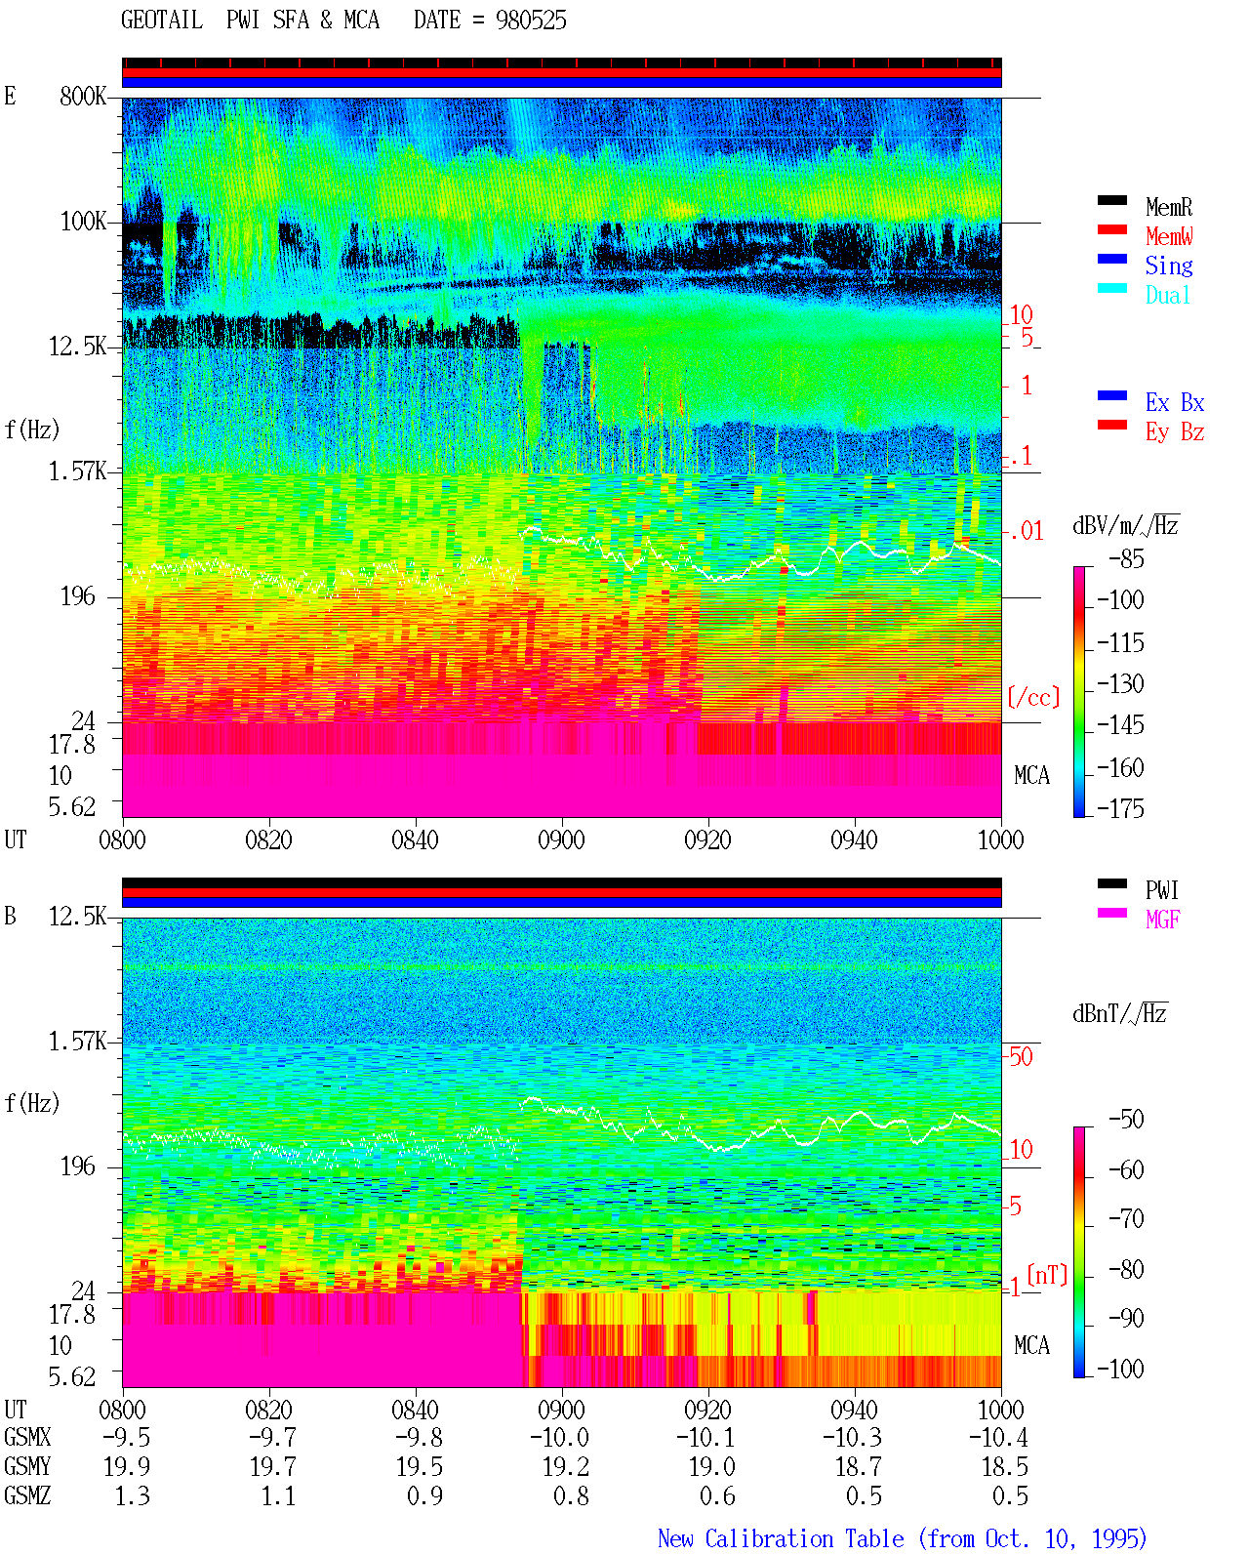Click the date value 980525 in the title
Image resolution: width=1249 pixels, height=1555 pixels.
(x=531, y=20)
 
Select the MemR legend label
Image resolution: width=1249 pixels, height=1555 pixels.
(x=1169, y=207)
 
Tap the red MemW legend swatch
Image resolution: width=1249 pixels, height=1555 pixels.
(x=1111, y=229)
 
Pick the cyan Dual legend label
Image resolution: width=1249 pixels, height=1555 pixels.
(x=1168, y=295)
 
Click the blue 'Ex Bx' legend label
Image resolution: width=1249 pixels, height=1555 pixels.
(x=1175, y=402)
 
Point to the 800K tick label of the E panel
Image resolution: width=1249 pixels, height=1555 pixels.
(x=83, y=96)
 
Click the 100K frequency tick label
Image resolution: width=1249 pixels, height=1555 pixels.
(x=83, y=222)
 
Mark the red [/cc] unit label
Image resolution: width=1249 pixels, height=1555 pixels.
(x=1033, y=697)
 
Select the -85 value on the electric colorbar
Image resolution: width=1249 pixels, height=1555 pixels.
(x=1126, y=558)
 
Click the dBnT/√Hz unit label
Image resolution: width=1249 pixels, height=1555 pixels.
(x=1119, y=1014)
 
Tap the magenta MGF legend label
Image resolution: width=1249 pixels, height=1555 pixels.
(x=1163, y=920)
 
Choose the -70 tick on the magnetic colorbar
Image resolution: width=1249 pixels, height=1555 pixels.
(x=1126, y=1218)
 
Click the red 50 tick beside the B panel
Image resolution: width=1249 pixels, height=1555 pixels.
(x=1021, y=1056)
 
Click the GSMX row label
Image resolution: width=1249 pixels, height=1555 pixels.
(x=27, y=1437)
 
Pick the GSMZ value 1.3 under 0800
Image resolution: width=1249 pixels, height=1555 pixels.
(x=132, y=1495)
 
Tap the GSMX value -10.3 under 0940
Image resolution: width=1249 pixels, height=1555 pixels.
(x=853, y=1437)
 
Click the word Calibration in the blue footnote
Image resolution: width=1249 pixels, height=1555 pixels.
(x=768, y=1538)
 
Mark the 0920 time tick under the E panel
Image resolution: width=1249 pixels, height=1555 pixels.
(x=708, y=839)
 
